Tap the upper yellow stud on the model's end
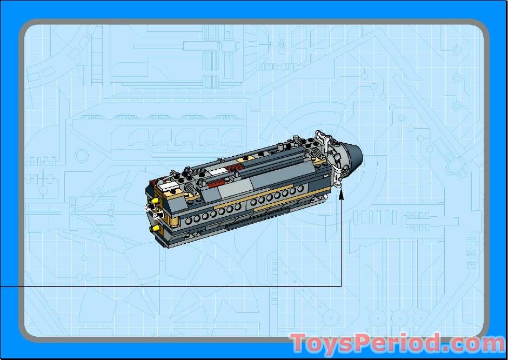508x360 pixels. click(x=155, y=201)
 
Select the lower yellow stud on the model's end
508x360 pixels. click(x=156, y=229)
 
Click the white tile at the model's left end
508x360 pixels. click(x=169, y=186)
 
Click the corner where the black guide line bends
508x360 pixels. click(x=341, y=286)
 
